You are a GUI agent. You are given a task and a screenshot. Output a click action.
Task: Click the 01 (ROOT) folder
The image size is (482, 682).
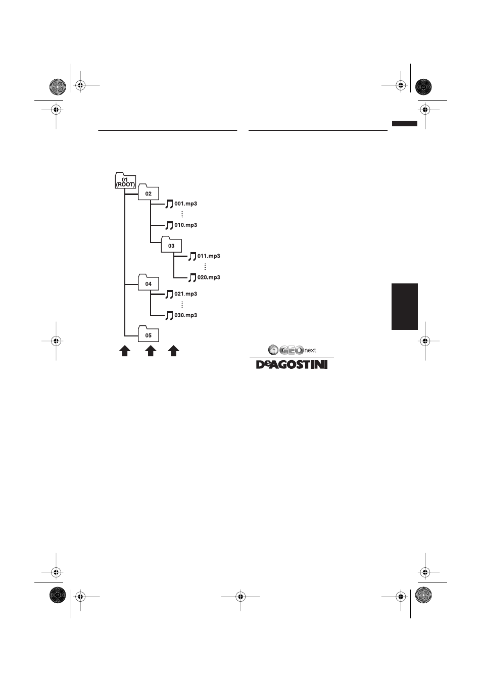point(125,180)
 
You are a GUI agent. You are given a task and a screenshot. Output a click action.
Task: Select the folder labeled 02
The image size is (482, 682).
point(148,192)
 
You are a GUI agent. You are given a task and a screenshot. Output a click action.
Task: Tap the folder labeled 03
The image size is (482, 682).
point(171,244)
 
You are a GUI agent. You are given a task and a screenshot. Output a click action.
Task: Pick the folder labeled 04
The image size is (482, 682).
point(148,282)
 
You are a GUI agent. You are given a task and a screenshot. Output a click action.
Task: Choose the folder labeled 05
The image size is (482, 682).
point(148,334)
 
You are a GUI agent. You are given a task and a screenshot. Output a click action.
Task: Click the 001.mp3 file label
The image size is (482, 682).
point(186,204)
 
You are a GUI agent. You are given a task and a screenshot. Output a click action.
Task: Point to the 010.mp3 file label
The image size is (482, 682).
point(186,225)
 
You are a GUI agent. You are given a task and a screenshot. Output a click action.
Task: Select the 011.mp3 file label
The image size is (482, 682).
point(209,256)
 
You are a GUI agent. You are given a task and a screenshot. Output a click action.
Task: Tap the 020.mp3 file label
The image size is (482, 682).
point(209,277)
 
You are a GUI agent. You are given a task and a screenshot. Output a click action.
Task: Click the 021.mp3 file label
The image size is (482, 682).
point(186,294)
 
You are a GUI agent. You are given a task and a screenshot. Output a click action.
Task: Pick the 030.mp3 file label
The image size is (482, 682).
point(186,315)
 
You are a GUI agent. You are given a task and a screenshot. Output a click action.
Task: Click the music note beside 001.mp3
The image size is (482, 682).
point(169,204)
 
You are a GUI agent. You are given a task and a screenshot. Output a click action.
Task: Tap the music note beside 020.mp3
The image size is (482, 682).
point(192,278)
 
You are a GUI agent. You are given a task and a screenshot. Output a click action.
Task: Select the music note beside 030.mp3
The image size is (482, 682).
point(169,315)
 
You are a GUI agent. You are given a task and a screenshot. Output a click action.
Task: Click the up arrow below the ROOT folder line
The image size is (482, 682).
point(124,351)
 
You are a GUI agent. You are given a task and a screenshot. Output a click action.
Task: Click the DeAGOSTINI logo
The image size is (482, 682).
point(292,365)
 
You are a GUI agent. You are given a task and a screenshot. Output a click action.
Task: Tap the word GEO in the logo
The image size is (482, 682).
point(292,350)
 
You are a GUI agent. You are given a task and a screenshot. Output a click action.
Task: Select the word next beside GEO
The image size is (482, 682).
point(310,351)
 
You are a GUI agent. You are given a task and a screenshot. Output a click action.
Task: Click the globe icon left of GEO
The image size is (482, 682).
point(273,350)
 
